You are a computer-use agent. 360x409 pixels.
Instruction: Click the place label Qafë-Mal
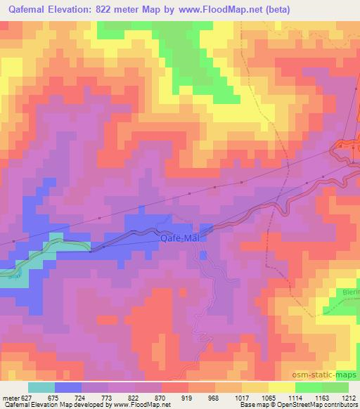[180, 238]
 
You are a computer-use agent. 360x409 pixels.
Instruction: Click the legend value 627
[24, 398]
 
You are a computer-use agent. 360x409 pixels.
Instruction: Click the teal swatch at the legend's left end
[41, 387]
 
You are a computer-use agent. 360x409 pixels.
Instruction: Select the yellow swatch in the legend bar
[281, 387]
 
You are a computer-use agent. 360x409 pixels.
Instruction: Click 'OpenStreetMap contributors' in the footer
[317, 405]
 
